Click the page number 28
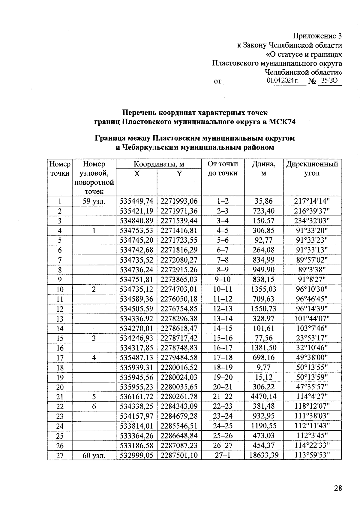coord(338,488)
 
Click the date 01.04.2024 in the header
coord(283,80)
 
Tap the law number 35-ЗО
coord(329,80)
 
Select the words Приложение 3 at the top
coord(317,36)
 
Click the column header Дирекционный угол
coord(312,168)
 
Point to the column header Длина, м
coord(263,168)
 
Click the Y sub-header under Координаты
coord(179,174)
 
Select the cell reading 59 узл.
coord(94,201)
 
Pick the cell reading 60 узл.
coord(94,455)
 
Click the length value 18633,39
coord(264,455)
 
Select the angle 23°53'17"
coord(312,338)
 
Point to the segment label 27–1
coord(223,455)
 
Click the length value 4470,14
coord(264,396)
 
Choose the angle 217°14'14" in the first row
coord(312,201)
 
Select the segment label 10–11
coord(223,289)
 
